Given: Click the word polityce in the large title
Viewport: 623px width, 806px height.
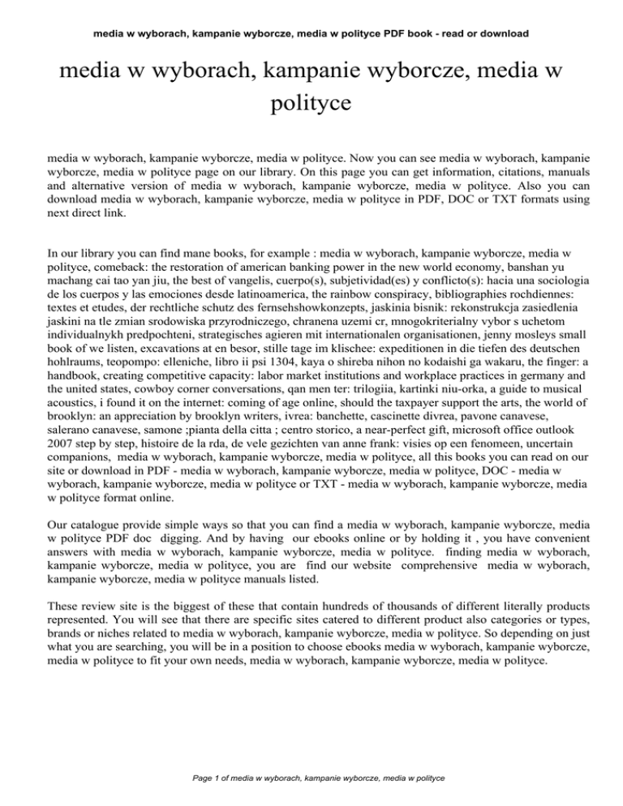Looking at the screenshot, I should click(311, 104).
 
